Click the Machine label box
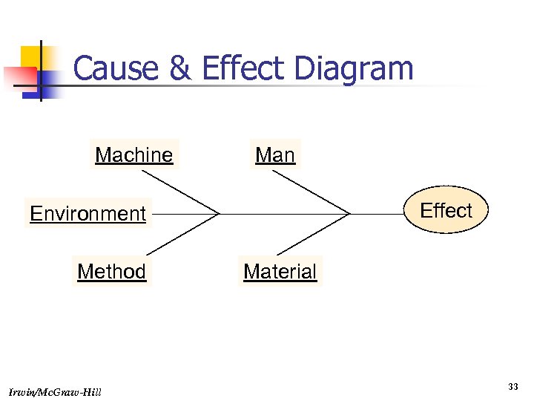tap(134, 155)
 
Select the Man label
tap(275, 155)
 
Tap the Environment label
tap(88, 214)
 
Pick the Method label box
tap(111, 272)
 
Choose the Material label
tap(280, 272)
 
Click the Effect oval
tap(446, 211)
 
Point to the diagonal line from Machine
tap(180, 192)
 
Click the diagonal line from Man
tap(311, 192)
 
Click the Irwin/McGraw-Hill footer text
tap(56, 391)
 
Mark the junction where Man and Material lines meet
tap(349, 214)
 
